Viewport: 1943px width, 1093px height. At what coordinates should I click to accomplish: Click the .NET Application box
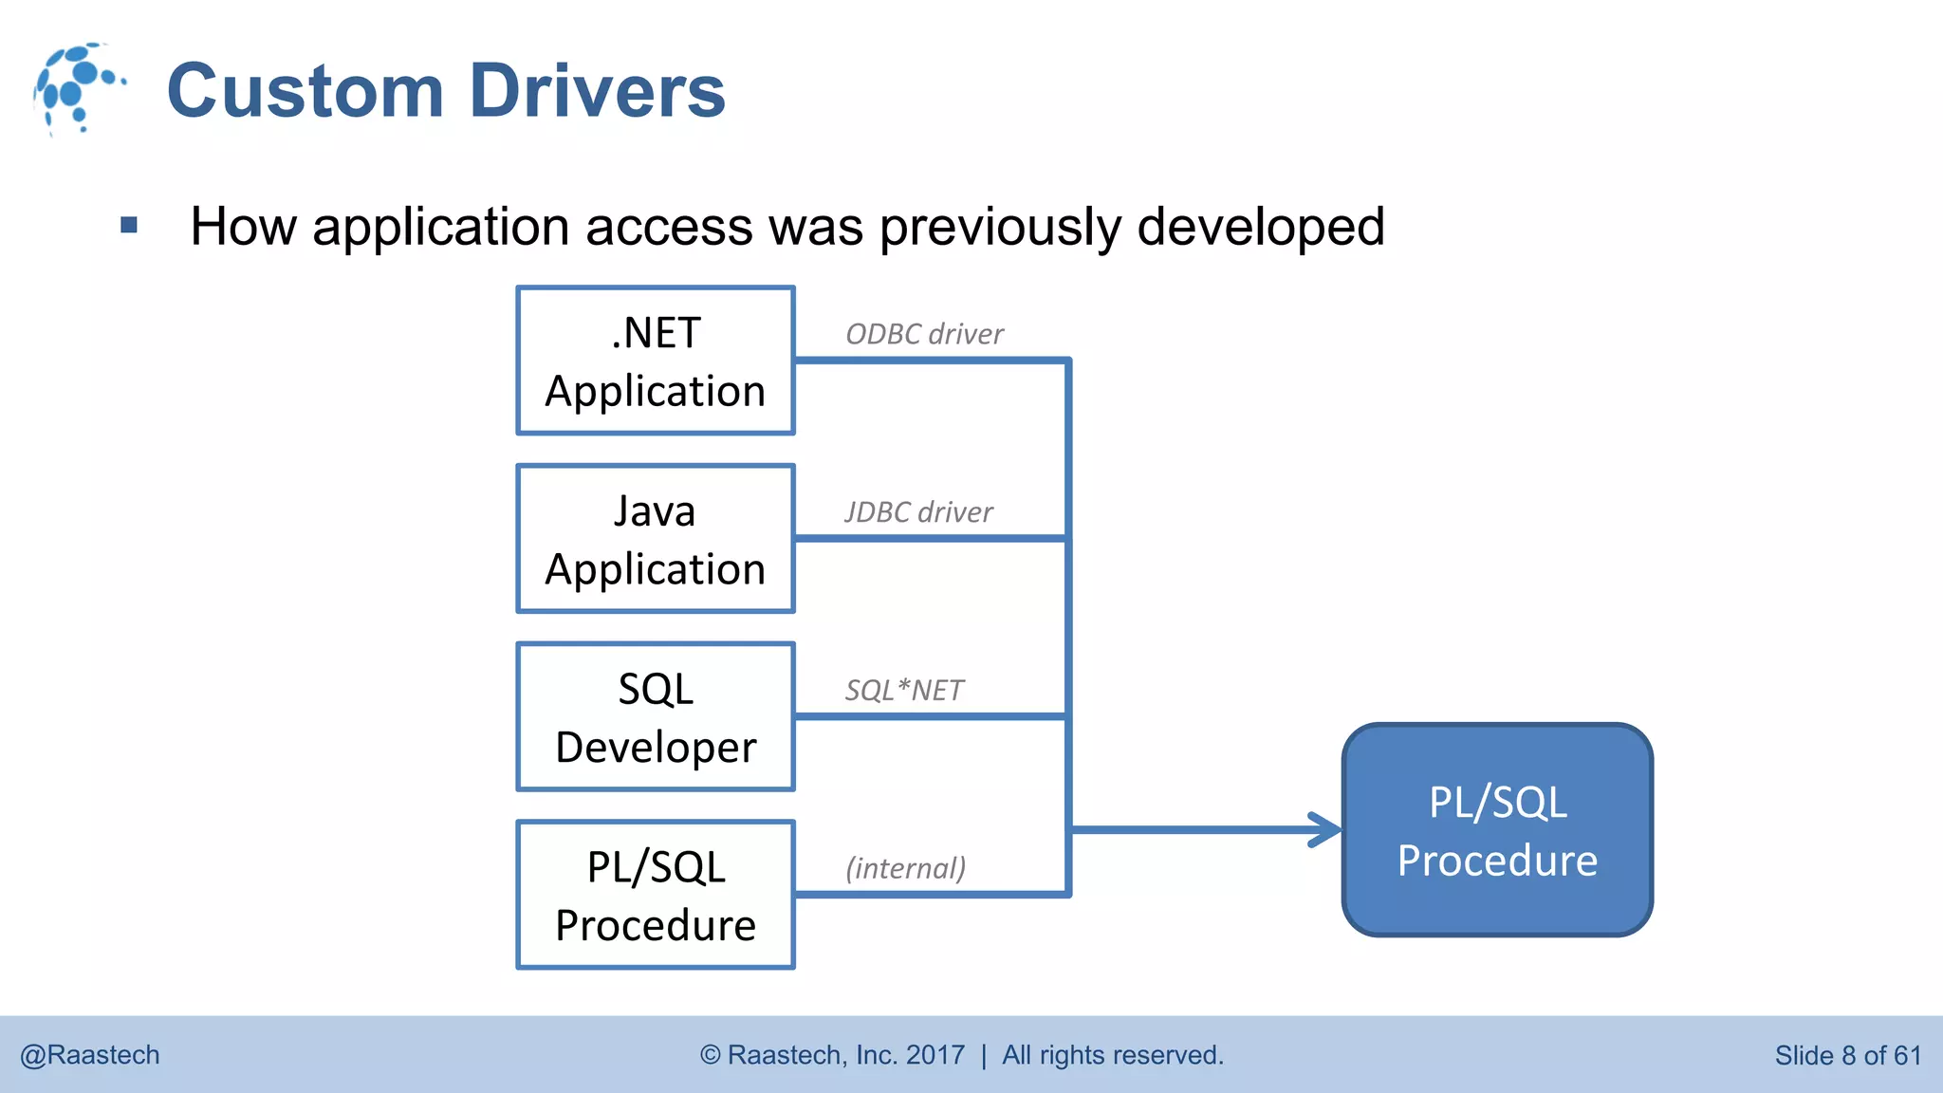tap(655, 361)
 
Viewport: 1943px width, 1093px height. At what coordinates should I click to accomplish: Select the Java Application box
tap(655, 539)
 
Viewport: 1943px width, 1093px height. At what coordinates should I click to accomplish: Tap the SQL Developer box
tap(655, 717)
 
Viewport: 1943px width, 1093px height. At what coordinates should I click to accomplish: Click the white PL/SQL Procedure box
tap(655, 895)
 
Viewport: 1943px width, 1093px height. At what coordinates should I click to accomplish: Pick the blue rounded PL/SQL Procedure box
tap(1497, 830)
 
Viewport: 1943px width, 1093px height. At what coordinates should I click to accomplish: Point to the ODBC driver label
tap(924, 334)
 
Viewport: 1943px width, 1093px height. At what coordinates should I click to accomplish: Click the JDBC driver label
tap(918, 512)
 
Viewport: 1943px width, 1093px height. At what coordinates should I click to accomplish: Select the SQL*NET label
tap(904, 690)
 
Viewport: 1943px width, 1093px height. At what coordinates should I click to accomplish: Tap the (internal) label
tap(906, 867)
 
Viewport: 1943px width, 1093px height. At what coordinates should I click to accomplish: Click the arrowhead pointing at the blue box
tap(1327, 830)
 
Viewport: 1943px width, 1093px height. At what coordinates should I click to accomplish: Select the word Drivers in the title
tap(598, 91)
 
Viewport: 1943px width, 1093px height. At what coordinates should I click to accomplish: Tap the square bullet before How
tap(129, 226)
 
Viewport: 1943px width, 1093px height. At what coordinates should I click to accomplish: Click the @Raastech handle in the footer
tap(90, 1055)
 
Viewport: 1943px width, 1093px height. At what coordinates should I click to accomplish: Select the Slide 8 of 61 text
tap(1847, 1055)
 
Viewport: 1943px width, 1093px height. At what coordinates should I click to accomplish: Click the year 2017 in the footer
tap(934, 1055)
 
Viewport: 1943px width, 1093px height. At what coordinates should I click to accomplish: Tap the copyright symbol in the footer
tap(711, 1055)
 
